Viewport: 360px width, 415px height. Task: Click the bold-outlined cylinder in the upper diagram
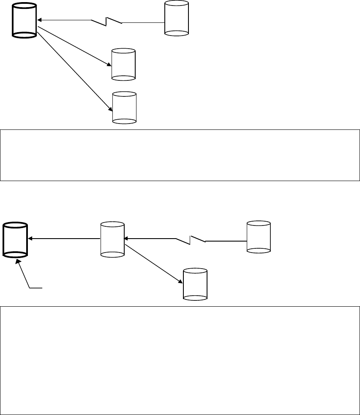(x=25, y=21)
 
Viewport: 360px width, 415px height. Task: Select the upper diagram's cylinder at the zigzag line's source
(x=176, y=18)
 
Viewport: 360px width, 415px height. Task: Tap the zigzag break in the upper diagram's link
(x=107, y=20)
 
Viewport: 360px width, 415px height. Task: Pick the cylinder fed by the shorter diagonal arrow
(x=123, y=64)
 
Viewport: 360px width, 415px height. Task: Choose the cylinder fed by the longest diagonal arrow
(x=125, y=108)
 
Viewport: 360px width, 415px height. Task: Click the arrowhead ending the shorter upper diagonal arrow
(x=109, y=65)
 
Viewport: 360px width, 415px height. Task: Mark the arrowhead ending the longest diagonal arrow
(x=110, y=109)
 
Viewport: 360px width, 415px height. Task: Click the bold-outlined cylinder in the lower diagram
(x=15, y=240)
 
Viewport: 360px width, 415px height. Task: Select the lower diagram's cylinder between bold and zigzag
(x=112, y=239)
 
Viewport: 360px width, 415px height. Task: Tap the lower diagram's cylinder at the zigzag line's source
(x=259, y=237)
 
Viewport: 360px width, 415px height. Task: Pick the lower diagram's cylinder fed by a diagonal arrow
(x=195, y=284)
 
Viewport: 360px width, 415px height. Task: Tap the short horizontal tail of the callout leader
(x=36, y=288)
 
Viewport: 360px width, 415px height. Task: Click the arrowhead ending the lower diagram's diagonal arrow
(x=180, y=280)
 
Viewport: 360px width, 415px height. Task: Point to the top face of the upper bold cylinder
(x=25, y=8)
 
